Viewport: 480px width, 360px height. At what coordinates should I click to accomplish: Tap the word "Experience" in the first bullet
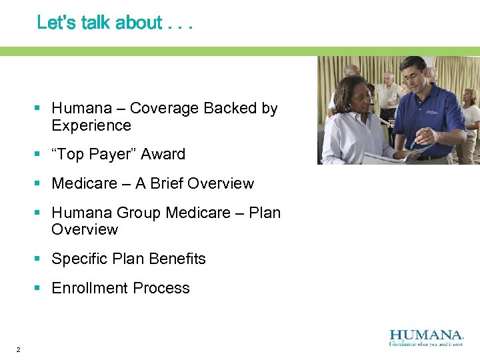click(x=91, y=125)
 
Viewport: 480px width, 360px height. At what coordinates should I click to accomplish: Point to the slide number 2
click(x=18, y=350)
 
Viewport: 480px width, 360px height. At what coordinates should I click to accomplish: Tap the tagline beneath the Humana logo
click(x=426, y=344)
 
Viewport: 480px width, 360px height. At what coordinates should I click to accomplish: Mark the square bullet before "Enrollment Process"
click(x=39, y=288)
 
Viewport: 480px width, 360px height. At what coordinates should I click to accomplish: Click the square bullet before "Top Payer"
click(x=39, y=154)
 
